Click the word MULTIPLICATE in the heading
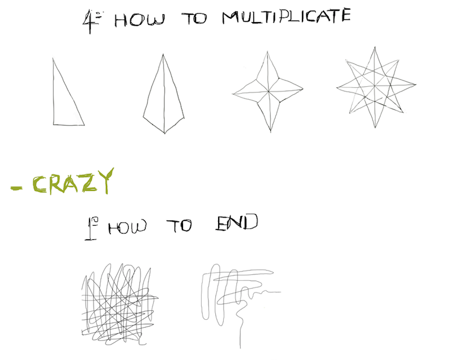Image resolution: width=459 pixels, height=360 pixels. pyautogui.click(x=286, y=16)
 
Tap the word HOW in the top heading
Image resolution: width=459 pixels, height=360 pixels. pyautogui.click(x=139, y=20)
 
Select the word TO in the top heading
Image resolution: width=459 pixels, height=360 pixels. pyautogui.click(x=194, y=19)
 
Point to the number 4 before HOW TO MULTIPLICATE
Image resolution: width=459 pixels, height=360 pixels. pyautogui.click(x=90, y=22)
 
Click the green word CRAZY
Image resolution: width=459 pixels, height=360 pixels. pyautogui.click(x=73, y=181)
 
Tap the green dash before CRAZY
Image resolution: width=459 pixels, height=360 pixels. pyautogui.click(x=16, y=188)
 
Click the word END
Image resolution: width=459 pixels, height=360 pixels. pyautogui.click(x=237, y=222)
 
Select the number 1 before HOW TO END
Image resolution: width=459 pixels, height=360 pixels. pyautogui.click(x=90, y=228)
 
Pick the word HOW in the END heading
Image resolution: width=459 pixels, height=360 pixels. pyautogui.click(x=127, y=227)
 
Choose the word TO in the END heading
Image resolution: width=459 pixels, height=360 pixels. pyautogui.click(x=179, y=226)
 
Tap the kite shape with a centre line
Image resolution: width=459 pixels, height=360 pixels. pyautogui.click(x=164, y=94)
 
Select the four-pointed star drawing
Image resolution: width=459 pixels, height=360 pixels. pyautogui.click(x=268, y=92)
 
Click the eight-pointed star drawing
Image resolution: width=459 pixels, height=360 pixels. pyautogui.click(x=376, y=87)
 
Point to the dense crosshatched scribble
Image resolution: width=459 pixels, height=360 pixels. pyautogui.click(x=120, y=304)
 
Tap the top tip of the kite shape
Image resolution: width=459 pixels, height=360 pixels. pyautogui.click(x=163, y=54)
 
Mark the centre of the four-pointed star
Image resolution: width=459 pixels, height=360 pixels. pyautogui.click(x=269, y=92)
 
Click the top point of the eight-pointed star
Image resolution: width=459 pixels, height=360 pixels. pyautogui.click(x=375, y=47)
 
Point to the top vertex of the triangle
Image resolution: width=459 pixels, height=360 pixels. pyautogui.click(x=53, y=58)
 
